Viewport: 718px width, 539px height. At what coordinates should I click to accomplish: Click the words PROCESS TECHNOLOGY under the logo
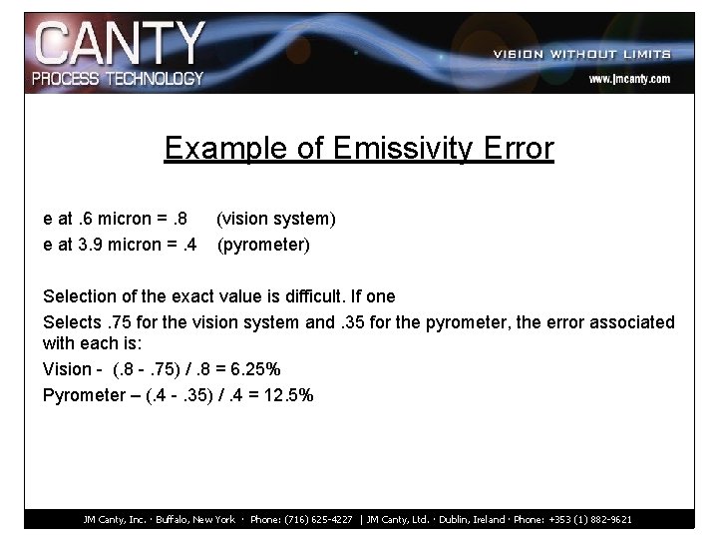118,78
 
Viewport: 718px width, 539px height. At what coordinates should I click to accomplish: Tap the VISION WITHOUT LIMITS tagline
581,54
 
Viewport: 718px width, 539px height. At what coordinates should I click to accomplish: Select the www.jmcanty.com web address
628,78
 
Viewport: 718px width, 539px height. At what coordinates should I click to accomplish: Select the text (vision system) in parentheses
276,218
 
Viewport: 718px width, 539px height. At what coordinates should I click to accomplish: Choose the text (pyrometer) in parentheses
263,243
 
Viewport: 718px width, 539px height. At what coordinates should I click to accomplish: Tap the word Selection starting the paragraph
82,296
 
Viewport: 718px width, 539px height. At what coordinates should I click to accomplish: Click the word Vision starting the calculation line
66,369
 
